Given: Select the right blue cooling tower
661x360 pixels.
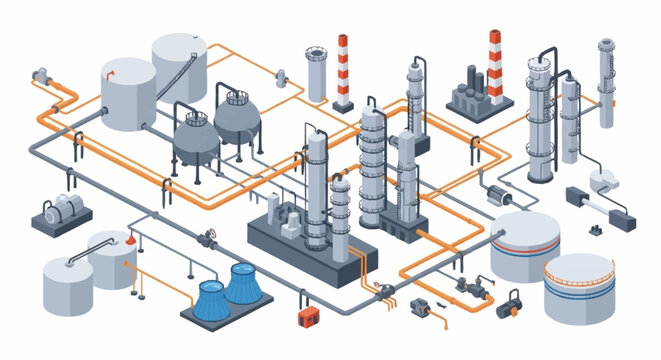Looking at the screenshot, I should [244, 283].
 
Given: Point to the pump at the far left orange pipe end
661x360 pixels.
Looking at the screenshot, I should [41, 75].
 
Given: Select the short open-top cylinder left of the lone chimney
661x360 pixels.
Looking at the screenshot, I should [317, 74].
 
